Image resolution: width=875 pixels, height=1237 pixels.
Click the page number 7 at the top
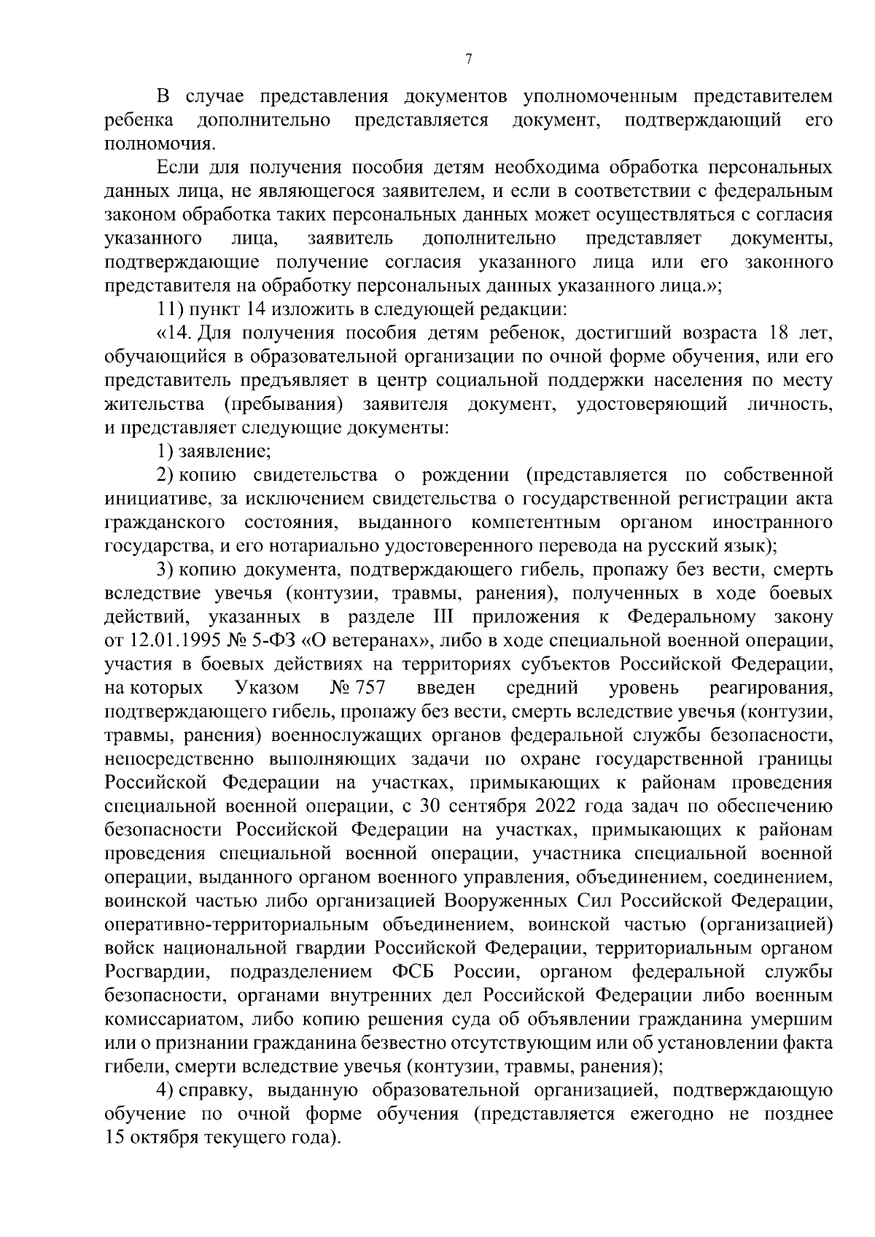[x=468, y=60]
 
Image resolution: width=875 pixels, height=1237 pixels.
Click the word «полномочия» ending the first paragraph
[x=150, y=144]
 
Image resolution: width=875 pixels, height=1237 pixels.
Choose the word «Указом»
[x=268, y=688]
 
